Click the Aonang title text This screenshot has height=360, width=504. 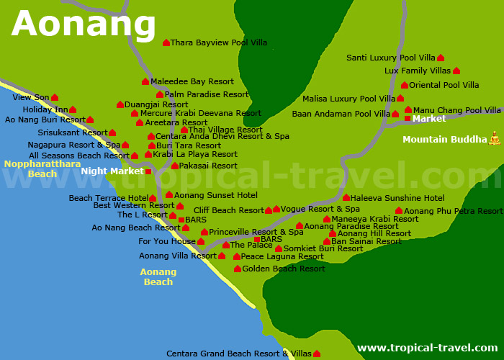(x=84, y=24)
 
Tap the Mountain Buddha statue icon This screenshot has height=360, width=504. (x=495, y=138)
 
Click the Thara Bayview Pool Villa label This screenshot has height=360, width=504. (x=219, y=43)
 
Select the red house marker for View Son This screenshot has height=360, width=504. (x=55, y=97)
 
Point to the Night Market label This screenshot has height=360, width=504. (x=112, y=171)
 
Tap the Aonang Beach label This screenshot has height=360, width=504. (x=158, y=277)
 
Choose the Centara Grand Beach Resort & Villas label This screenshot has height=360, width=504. (x=239, y=354)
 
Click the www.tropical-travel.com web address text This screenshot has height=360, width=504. (x=428, y=348)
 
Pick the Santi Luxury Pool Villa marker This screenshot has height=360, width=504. (x=441, y=58)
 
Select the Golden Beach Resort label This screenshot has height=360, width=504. (x=284, y=269)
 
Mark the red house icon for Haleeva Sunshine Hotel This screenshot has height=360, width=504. (x=346, y=198)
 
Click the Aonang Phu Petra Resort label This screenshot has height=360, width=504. (x=454, y=211)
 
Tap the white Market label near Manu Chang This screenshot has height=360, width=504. (x=429, y=119)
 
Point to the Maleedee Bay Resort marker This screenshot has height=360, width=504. (x=145, y=82)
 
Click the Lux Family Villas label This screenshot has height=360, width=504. (x=418, y=71)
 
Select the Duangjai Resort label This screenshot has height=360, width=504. (x=156, y=104)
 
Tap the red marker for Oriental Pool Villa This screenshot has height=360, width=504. (x=405, y=85)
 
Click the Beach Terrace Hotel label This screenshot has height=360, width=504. (x=109, y=198)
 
